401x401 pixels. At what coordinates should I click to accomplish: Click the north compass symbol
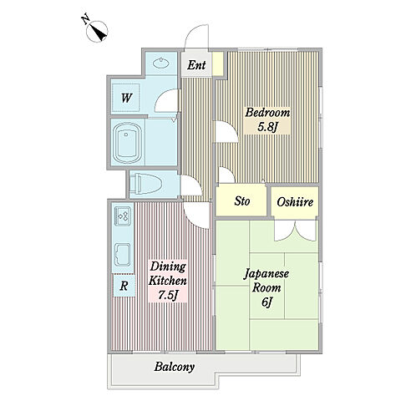point(97,31)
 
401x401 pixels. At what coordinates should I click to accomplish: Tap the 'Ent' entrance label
point(196,65)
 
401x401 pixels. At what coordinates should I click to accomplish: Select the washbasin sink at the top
point(162,63)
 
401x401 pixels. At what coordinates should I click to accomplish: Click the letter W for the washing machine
point(126,98)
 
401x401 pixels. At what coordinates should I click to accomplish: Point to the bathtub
point(126,143)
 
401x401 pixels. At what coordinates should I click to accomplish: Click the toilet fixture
point(146,184)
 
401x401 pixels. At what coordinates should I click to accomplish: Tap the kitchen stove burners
point(123,216)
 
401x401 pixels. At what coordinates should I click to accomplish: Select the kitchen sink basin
point(123,255)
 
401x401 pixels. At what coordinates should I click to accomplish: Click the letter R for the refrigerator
point(124,286)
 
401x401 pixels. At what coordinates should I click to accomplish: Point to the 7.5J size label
point(168,295)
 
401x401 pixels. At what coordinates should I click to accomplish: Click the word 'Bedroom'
point(267,113)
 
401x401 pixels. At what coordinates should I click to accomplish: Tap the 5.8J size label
point(267,127)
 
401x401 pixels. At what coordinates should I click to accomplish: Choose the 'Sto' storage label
point(241,200)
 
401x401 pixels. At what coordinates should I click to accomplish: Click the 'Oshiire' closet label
point(295,202)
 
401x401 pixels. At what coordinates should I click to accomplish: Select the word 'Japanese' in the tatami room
point(266,275)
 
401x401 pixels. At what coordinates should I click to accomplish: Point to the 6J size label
point(266,302)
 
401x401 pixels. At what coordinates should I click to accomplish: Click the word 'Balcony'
point(175,367)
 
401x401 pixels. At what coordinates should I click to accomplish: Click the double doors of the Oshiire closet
point(296,231)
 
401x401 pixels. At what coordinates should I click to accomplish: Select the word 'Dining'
point(168,267)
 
